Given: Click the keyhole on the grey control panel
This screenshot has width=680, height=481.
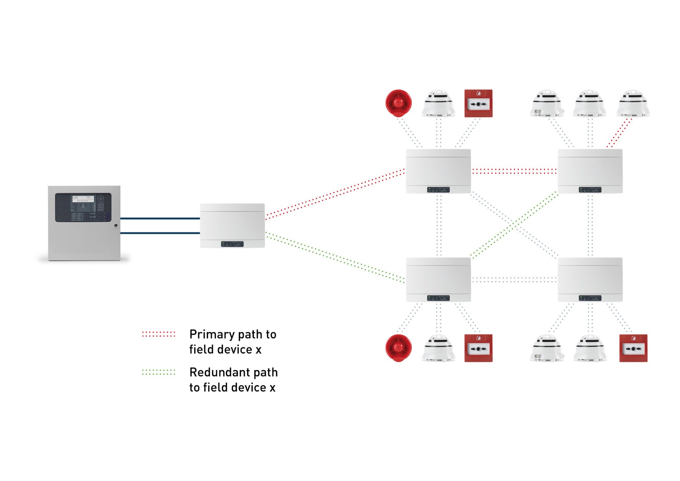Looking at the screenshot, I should coord(116,225).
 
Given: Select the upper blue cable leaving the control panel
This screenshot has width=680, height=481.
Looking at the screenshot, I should coord(160,219).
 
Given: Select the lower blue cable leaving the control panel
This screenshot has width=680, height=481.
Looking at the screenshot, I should coord(160,233).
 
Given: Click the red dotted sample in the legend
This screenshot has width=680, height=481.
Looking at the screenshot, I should coord(158,334).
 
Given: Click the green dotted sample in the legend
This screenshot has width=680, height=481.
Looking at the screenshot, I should coord(158,372).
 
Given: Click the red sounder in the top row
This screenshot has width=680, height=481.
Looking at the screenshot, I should coord(398,103).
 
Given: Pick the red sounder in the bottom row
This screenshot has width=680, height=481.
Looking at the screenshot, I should coord(398,348).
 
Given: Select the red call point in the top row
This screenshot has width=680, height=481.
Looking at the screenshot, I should coord(478,103).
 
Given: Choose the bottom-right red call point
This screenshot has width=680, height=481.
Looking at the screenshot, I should coord(633,348).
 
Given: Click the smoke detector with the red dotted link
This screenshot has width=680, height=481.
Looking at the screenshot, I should coord(633,103).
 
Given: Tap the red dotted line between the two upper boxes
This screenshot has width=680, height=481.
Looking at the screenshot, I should coord(514,171).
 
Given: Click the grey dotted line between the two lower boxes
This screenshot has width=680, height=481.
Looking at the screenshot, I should coord(514,280).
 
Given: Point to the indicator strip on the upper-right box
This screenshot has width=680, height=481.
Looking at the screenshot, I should coord(590,190).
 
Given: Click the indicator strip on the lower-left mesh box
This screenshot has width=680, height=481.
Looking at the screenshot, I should coord(438,298).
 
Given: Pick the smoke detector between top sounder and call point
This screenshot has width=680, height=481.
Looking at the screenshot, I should coord(438,103).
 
